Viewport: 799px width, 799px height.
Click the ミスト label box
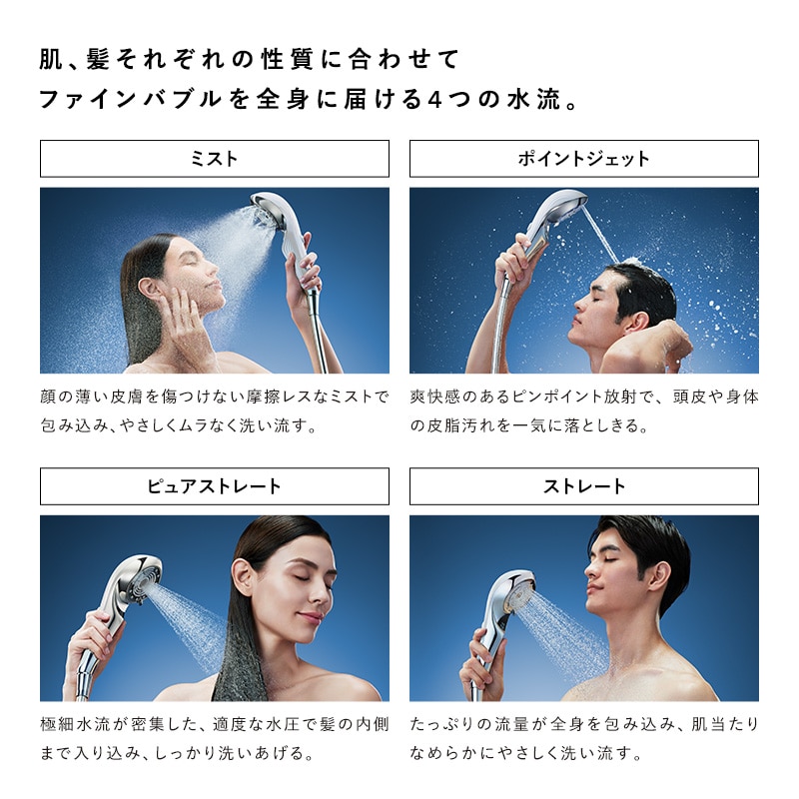tap(214, 159)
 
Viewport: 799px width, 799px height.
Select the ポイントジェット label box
tap(583, 159)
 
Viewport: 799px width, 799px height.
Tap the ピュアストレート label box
tap(214, 486)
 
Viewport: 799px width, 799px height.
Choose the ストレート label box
tap(583, 486)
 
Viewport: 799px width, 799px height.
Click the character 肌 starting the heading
tap(51, 59)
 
